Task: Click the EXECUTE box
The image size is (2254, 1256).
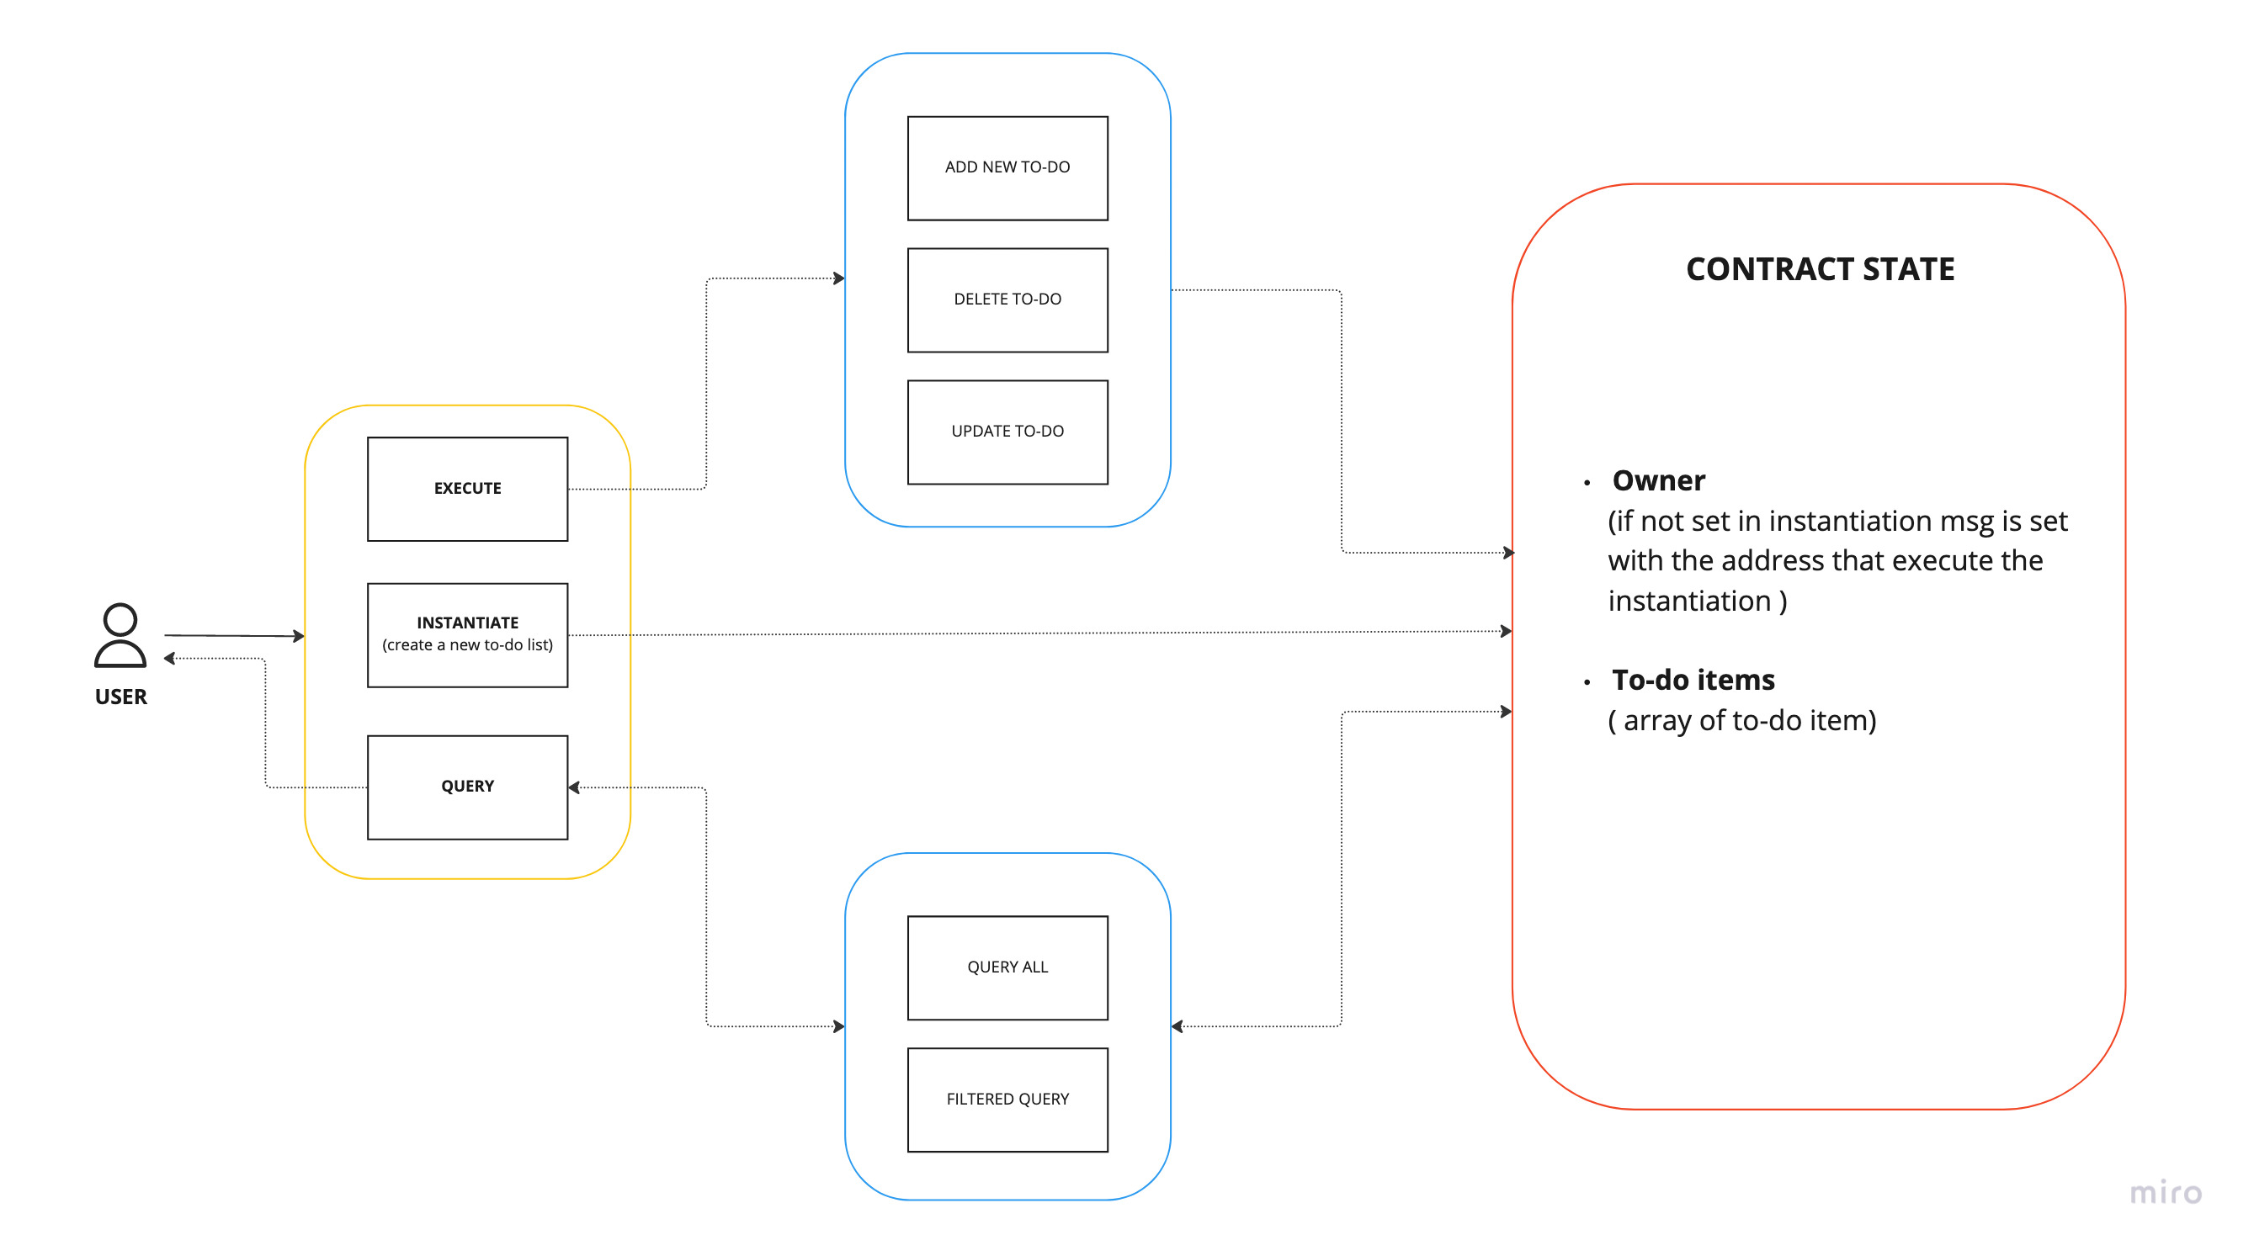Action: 467,489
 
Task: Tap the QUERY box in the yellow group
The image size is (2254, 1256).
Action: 467,787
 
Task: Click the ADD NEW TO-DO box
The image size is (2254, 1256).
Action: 1007,168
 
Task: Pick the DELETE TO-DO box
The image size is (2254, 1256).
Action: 1007,300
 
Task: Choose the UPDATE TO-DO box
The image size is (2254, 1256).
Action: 1007,432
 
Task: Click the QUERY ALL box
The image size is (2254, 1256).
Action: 1007,967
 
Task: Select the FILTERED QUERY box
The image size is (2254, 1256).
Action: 1007,1100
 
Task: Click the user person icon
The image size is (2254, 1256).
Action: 120,636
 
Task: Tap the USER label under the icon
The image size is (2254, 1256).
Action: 120,697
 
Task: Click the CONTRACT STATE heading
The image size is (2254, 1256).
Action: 1819,269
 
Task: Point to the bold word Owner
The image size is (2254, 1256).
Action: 1658,481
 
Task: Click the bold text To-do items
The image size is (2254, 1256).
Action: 1693,681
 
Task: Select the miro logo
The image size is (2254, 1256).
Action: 2165,1193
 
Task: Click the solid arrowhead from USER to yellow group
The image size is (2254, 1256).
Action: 300,636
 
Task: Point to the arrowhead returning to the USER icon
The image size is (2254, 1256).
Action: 170,659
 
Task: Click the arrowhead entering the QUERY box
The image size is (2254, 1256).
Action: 574,788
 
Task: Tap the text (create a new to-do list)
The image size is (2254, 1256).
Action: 467,645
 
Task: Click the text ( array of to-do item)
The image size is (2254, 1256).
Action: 1741,721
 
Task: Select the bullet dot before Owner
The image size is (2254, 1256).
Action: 1587,483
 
